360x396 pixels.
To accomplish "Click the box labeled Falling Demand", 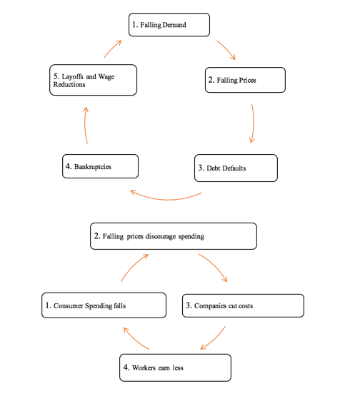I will [x=169, y=24].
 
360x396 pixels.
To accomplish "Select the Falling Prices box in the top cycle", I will [x=246, y=80].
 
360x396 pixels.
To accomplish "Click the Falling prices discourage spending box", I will [x=173, y=236].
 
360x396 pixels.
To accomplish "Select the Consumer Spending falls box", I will [x=103, y=305].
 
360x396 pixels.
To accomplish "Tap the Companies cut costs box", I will [x=243, y=305].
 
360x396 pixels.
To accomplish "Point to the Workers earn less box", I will [x=176, y=367].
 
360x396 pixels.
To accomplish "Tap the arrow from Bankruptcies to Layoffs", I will [x=85, y=125].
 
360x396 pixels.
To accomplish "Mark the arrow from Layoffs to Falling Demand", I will [x=111, y=48].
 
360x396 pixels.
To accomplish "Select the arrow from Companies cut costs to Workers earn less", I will [x=214, y=338].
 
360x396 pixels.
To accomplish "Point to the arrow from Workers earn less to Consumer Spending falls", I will [x=135, y=338].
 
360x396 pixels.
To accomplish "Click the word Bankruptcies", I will [x=93, y=166].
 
